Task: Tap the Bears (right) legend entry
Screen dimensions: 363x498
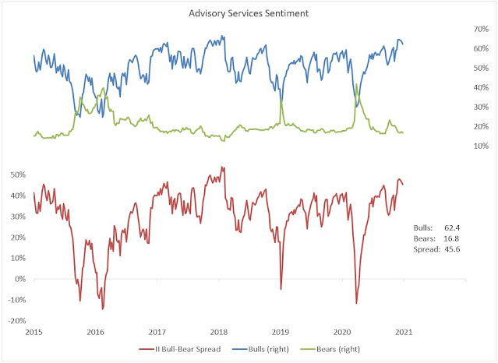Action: [x=349, y=350]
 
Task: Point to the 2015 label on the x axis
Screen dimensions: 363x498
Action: [x=34, y=331]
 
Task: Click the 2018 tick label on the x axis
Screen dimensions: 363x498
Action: [x=218, y=331]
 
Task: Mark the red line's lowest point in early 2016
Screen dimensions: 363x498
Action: [x=103, y=308]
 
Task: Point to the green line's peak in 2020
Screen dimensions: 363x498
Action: [x=356, y=84]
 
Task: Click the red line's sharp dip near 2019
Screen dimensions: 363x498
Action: [x=281, y=289]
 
